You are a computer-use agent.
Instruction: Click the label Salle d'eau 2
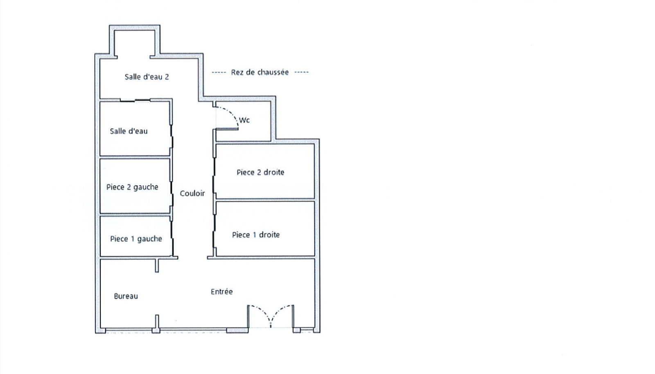[147, 77]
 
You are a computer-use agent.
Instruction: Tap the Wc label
[244, 120]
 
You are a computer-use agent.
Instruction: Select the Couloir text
[192, 193]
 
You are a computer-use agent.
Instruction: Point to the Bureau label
[126, 296]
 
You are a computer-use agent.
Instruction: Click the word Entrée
[221, 291]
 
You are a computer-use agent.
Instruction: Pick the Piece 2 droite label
[260, 172]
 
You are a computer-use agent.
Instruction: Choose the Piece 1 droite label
[256, 235]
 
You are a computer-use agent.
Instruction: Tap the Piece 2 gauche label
[132, 187]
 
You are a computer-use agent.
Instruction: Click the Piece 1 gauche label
[136, 239]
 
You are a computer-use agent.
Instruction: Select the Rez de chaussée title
[260, 72]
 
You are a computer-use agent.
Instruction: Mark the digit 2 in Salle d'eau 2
[167, 77]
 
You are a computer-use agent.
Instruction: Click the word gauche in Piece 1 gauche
[149, 239]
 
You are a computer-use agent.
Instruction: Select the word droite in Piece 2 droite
[274, 172]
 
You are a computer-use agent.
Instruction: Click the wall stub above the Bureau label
[157, 265]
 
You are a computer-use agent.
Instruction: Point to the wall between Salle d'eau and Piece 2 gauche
[135, 157]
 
